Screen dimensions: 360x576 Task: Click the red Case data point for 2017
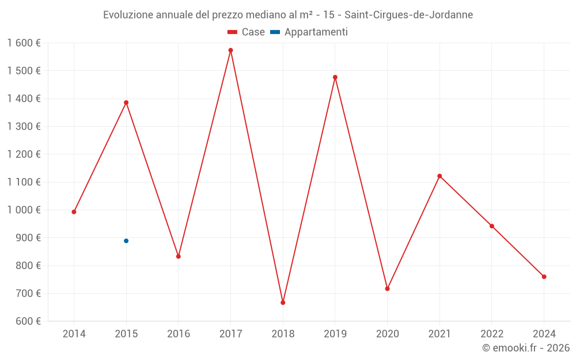[x=230, y=50]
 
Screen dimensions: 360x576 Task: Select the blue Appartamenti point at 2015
[x=126, y=241]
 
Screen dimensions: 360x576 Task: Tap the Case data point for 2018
[x=283, y=302]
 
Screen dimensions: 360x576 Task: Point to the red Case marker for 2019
[x=335, y=77]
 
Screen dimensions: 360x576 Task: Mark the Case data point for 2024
[x=544, y=276]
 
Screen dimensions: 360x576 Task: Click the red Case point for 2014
[x=74, y=212]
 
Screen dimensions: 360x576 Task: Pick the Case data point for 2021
[x=439, y=176]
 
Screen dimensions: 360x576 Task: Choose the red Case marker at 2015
[x=126, y=103]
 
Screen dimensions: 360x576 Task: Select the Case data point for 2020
[x=387, y=289]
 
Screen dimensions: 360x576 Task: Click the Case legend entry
[x=246, y=32]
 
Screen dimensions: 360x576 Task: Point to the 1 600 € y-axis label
[x=24, y=43]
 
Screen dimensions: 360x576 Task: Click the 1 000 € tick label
[x=24, y=210]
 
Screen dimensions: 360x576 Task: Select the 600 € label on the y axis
[x=28, y=321]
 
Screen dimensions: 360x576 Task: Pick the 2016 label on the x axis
[x=179, y=334]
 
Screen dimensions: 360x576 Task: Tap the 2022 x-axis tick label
[x=491, y=334]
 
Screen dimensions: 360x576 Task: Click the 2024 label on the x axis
[x=544, y=334]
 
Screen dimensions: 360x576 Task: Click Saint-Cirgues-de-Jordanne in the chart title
[x=408, y=15]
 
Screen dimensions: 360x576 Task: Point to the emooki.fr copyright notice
[x=525, y=348]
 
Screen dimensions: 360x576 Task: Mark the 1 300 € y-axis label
[x=24, y=127]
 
